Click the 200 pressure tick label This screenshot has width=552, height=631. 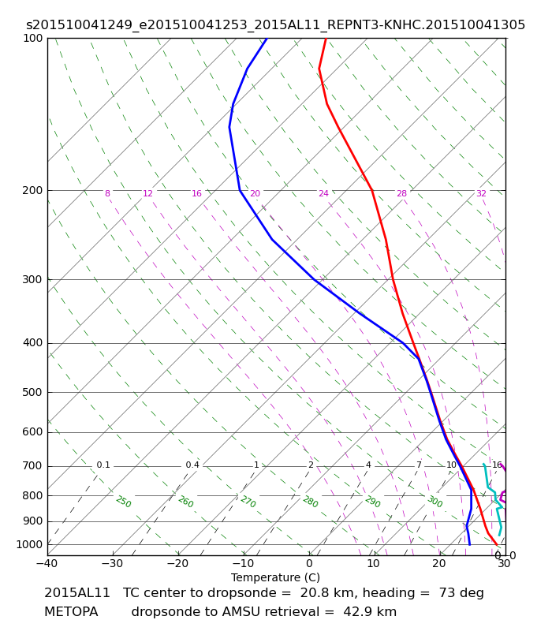click(x=32, y=190)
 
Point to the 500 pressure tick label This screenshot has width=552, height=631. click(x=32, y=392)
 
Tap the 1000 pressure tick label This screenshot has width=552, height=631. click(x=29, y=544)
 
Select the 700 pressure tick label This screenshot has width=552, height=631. click(x=32, y=466)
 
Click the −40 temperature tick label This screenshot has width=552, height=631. click(x=47, y=563)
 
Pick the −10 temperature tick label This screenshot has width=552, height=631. click(x=244, y=563)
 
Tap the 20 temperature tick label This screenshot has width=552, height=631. click(x=439, y=563)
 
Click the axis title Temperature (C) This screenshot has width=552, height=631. click(x=275, y=577)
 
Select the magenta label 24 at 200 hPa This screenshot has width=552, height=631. click(x=323, y=193)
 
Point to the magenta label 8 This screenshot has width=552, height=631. click(x=107, y=193)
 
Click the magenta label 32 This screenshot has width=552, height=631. click(x=481, y=193)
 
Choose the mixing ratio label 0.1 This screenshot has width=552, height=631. click(x=103, y=465)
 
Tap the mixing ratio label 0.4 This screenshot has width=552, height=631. click(x=192, y=465)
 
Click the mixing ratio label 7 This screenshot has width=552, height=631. click(x=419, y=465)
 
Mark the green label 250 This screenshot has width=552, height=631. click(x=124, y=502)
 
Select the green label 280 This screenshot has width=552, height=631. click(x=311, y=502)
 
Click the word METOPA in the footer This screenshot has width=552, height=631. click(x=71, y=612)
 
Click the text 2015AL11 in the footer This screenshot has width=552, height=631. click(x=76, y=593)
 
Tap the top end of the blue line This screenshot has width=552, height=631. click(x=267, y=39)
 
